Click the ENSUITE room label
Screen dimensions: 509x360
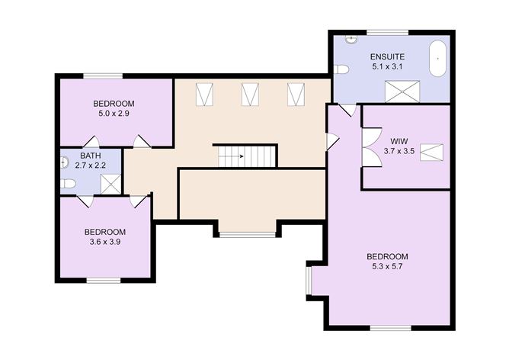point(387,57)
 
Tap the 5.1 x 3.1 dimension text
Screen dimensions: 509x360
point(387,67)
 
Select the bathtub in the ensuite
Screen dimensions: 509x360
point(437,59)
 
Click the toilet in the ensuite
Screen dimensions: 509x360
point(341,69)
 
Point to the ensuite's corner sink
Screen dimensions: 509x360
point(351,39)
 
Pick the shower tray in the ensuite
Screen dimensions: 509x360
point(402,92)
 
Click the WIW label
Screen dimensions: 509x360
point(399,141)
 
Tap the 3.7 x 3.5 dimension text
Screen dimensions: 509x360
point(399,151)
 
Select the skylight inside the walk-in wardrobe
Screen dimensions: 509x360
point(431,153)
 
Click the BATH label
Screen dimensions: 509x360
point(90,156)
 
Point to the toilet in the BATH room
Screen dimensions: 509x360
point(68,184)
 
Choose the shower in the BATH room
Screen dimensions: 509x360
point(111,185)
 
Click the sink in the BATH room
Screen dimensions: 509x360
point(64,162)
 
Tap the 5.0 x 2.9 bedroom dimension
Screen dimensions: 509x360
point(114,114)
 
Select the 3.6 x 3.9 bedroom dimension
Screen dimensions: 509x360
point(105,242)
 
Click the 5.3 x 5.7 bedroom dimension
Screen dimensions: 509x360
point(387,266)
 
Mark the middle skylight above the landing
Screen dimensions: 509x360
point(250,95)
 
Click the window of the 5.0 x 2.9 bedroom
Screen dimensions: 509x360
point(103,76)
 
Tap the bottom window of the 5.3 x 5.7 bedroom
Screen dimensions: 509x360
point(391,328)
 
